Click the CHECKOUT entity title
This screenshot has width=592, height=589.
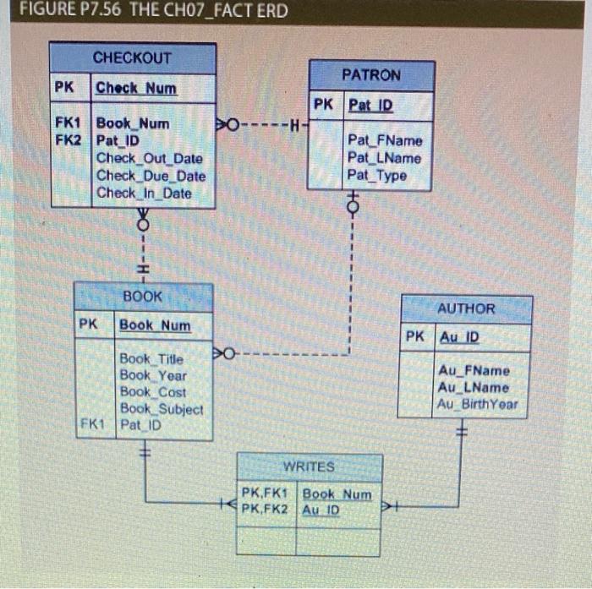tap(132, 58)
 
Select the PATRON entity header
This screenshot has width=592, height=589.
tap(371, 75)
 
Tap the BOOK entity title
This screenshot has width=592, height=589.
tap(142, 297)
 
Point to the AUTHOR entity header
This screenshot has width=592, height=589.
tap(466, 308)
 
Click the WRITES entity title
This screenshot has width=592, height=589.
tap(309, 466)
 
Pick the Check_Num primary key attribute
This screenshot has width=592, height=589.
tap(136, 88)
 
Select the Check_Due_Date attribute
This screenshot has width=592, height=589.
tap(151, 176)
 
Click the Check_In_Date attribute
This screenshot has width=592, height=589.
tap(144, 193)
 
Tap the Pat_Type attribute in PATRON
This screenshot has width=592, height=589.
tap(376, 176)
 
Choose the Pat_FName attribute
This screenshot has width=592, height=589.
tap(385, 140)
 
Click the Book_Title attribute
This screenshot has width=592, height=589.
tap(151, 358)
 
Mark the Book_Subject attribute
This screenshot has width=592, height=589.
tap(161, 409)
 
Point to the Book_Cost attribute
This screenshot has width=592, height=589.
tap(153, 392)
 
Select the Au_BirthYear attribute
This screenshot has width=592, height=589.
tap(478, 404)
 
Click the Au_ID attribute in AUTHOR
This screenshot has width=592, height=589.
tap(458, 336)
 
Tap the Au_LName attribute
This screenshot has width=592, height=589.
tap(474, 387)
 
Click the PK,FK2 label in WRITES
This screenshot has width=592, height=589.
tap(265, 510)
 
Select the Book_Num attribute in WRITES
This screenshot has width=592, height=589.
tap(337, 494)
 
